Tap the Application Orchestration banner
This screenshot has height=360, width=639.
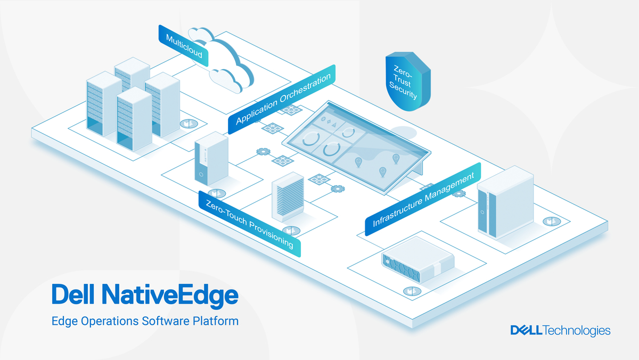[283, 99]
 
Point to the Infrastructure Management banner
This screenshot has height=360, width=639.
[423, 199]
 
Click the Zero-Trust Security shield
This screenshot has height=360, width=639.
[407, 83]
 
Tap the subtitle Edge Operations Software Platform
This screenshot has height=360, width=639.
[145, 321]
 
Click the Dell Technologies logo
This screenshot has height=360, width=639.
[560, 331]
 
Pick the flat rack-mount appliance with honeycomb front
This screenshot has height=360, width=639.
[419, 260]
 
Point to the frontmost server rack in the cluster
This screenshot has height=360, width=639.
[134, 119]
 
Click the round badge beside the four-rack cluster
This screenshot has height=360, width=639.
[187, 124]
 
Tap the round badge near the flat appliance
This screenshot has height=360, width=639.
[409, 291]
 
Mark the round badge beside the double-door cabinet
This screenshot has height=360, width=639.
[551, 220]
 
